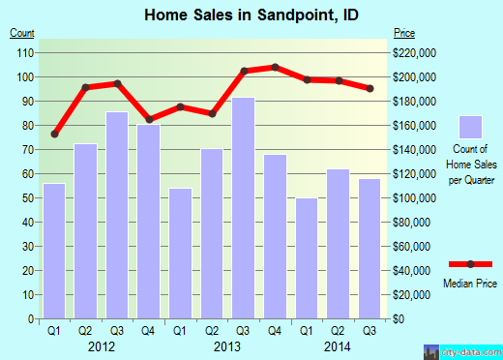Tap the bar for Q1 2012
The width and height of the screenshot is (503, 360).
pyautogui.click(x=55, y=251)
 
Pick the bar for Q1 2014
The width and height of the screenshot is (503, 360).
pyautogui.click(x=307, y=258)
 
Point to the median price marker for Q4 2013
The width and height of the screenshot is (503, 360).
pyautogui.click(x=276, y=67)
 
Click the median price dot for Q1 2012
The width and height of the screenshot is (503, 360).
pyautogui.click(x=55, y=134)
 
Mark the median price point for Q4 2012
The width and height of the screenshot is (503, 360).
pyautogui.click(x=149, y=119)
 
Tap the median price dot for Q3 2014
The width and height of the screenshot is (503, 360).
pyautogui.click(x=370, y=89)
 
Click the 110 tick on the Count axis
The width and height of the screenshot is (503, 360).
pyautogui.click(x=22, y=52)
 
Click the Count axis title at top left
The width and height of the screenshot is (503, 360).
pyautogui.click(x=22, y=33)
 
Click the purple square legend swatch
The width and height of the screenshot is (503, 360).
pyautogui.click(x=470, y=127)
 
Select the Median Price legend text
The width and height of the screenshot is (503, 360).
pyautogui.click(x=470, y=285)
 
